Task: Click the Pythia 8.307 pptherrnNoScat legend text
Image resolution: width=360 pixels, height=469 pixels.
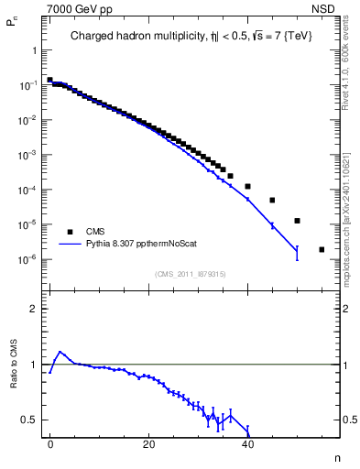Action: pyautogui.click(x=137, y=245)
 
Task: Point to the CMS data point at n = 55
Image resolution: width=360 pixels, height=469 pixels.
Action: pyautogui.click(x=322, y=249)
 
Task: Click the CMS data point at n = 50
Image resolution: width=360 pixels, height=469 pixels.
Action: pyautogui.click(x=297, y=221)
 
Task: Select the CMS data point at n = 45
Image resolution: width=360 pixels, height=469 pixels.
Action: pyautogui.click(x=272, y=200)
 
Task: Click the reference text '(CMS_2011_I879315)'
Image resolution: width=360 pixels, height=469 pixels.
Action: pyautogui.click(x=191, y=274)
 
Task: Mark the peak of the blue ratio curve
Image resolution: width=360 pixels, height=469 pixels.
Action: pyautogui.click(x=60, y=352)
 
